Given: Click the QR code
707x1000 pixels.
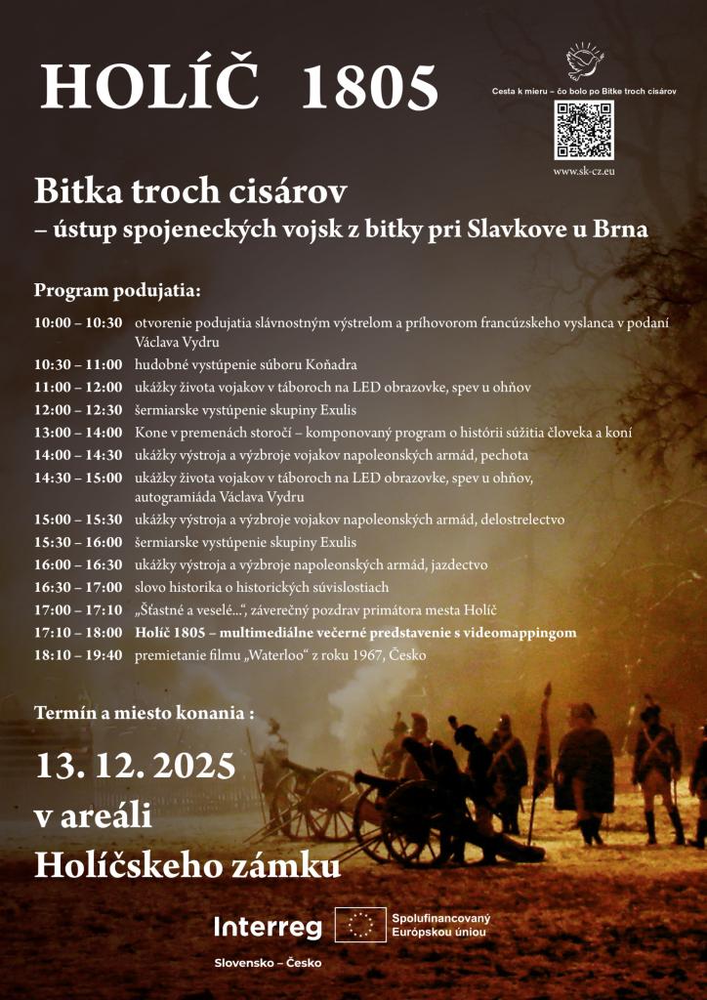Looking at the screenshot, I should pos(584,130).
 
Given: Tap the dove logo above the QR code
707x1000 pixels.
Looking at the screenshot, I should pos(584,61).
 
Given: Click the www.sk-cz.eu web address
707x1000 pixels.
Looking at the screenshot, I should pos(584,171).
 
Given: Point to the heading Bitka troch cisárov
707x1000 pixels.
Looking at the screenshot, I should pos(190,190).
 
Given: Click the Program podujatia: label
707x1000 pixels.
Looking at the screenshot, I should pos(117,291).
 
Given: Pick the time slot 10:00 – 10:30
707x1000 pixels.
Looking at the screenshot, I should pos(78,322).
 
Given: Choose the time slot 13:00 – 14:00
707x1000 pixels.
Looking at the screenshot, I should pos(78,432).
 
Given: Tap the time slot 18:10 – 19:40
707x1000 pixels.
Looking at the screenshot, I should pos(78,655).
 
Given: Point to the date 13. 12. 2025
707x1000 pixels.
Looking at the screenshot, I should pos(135,764).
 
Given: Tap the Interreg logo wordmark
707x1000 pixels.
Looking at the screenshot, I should pos(268,927).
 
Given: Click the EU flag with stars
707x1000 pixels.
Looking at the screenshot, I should pos(360,925).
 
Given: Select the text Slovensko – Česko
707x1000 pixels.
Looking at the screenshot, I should pos(268,963).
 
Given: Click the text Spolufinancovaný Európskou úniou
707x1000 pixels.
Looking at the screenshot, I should pos(440,925).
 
